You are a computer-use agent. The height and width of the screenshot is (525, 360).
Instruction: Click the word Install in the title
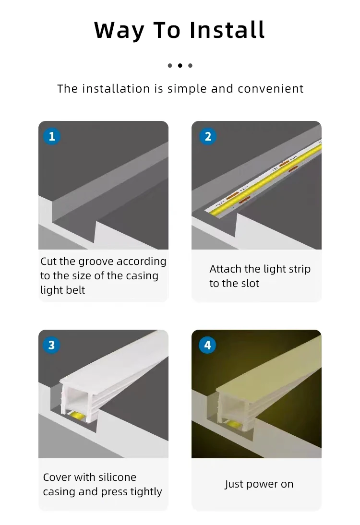[227, 30]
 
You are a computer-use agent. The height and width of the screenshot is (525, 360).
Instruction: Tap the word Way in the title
[119, 31]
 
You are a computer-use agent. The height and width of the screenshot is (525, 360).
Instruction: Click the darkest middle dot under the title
[180, 66]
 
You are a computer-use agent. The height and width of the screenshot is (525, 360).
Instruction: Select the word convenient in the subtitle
[271, 89]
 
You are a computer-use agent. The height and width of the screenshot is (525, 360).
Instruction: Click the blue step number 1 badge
[52, 136]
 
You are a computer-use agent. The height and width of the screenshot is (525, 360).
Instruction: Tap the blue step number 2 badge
[208, 136]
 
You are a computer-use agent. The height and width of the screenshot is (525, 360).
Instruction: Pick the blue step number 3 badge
[51, 345]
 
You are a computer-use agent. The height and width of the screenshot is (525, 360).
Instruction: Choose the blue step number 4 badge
[208, 345]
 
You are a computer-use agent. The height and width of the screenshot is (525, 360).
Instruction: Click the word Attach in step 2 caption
[226, 269]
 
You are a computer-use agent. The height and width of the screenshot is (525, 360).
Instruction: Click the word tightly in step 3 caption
[146, 492]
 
